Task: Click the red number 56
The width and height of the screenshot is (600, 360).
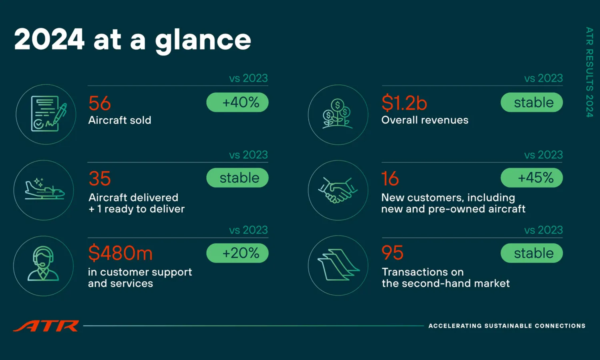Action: [100, 103]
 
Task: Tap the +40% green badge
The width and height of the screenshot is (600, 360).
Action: [237, 102]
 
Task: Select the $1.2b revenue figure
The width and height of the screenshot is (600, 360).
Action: [404, 103]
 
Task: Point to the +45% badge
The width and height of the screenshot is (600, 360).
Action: [532, 178]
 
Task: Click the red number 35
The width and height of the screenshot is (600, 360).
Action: [100, 178]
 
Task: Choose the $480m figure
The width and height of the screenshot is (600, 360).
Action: [120, 253]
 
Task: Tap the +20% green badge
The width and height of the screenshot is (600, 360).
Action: [237, 253]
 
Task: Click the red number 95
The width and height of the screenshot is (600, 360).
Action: [392, 252]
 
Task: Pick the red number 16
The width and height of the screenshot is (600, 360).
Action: [390, 178]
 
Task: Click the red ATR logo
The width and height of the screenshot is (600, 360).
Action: [46, 326]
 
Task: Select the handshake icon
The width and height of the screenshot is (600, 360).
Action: [338, 190]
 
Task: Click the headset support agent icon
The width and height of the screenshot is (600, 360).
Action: [43, 264]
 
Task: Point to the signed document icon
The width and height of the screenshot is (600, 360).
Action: [48, 114]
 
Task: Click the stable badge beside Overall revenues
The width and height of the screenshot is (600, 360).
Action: [532, 102]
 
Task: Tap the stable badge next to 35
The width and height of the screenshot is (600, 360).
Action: [237, 178]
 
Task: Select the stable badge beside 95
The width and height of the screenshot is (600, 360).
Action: [532, 253]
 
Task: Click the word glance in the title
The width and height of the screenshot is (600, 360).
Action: [203, 41]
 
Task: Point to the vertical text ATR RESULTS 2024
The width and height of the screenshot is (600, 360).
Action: [589, 72]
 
